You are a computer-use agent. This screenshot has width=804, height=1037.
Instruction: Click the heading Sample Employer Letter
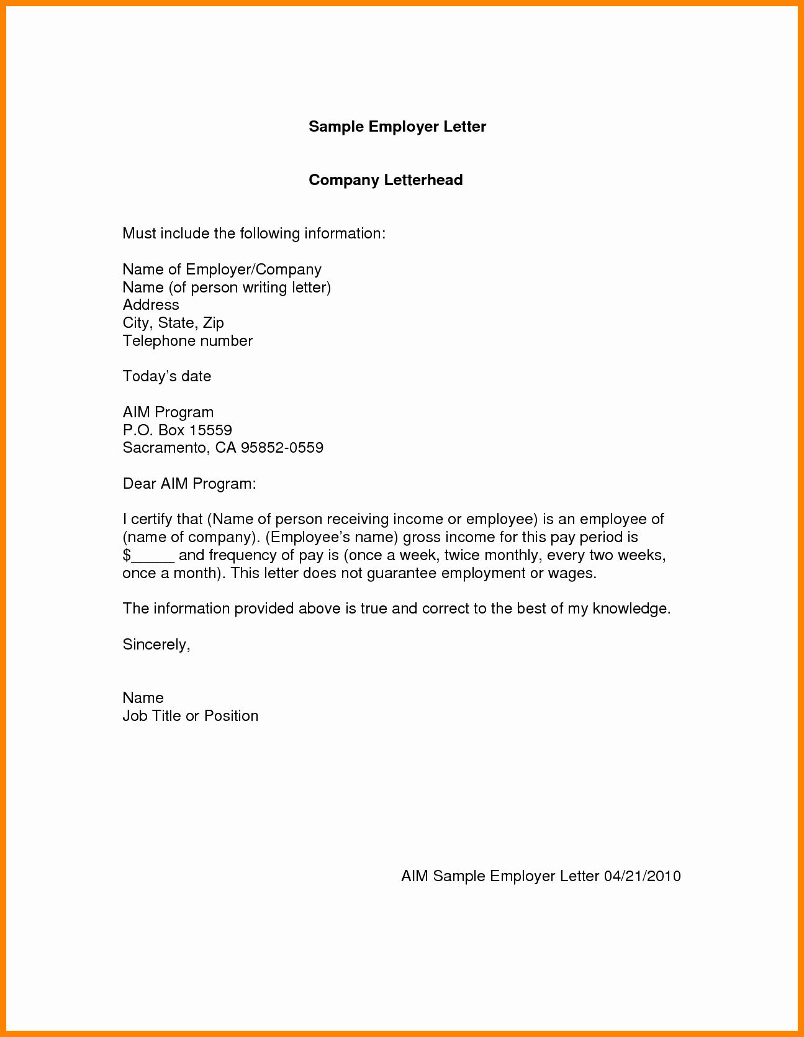coord(397,127)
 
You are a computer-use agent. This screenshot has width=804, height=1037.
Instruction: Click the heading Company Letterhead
coord(386,180)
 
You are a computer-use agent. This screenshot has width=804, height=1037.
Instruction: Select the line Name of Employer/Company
coord(222,269)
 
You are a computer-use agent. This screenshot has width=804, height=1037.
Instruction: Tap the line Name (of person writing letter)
coord(227,288)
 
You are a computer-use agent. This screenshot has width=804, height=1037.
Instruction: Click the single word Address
coord(151,305)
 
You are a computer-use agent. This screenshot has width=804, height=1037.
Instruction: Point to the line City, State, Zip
coord(173,323)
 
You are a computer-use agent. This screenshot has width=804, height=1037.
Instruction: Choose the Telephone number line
coord(187,341)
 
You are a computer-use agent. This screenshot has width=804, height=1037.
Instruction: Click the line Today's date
coord(166,376)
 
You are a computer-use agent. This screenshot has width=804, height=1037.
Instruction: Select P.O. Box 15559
coord(177,430)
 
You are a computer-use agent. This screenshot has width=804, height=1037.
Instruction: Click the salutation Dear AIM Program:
coord(189,484)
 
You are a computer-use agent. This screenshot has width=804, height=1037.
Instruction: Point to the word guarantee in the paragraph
coord(402,573)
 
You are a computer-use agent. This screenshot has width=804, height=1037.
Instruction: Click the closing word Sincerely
coord(156,645)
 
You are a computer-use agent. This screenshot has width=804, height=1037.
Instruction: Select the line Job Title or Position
coord(190,716)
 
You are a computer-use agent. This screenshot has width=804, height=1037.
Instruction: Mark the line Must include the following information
coord(254,233)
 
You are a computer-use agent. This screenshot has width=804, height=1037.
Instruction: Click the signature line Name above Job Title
coord(143,698)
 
